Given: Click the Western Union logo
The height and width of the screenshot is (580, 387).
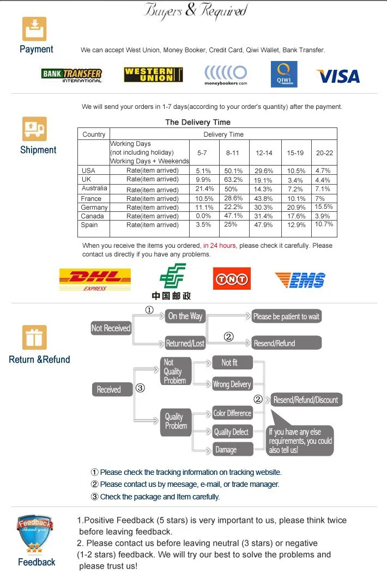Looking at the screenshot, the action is pos(153,75).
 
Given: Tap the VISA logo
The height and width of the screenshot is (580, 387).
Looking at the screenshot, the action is pos(338,76).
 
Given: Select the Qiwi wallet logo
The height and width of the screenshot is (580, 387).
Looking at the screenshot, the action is pos(284,74).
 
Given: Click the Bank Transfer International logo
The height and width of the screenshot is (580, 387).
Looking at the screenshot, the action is pos(71,75).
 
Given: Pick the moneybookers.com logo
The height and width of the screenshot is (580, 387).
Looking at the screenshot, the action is pos(226,75).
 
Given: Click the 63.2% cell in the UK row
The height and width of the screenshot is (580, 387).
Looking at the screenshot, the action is pos(233,180).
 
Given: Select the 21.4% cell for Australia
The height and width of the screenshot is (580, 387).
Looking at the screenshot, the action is pos(204,189).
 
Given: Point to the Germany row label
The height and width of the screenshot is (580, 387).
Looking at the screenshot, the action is pos(94,207).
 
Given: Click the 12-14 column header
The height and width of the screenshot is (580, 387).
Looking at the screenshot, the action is pos(264,153).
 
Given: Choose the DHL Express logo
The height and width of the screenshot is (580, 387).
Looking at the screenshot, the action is pos(95,279).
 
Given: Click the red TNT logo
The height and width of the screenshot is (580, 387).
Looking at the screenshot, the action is pos(232,279).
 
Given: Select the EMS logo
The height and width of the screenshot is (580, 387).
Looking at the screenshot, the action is pos(300,280).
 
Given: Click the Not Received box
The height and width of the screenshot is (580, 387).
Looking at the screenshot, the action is pos(111,328).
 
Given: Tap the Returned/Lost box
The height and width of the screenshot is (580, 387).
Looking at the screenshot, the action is pos(185,344).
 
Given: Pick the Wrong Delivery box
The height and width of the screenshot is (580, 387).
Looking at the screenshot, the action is pos(232,384).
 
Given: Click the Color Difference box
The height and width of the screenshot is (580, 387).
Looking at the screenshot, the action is pos(232,413).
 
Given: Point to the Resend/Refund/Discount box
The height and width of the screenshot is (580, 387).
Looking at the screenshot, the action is pos(305,400).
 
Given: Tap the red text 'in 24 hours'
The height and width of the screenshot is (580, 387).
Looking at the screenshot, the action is pos(220,246).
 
